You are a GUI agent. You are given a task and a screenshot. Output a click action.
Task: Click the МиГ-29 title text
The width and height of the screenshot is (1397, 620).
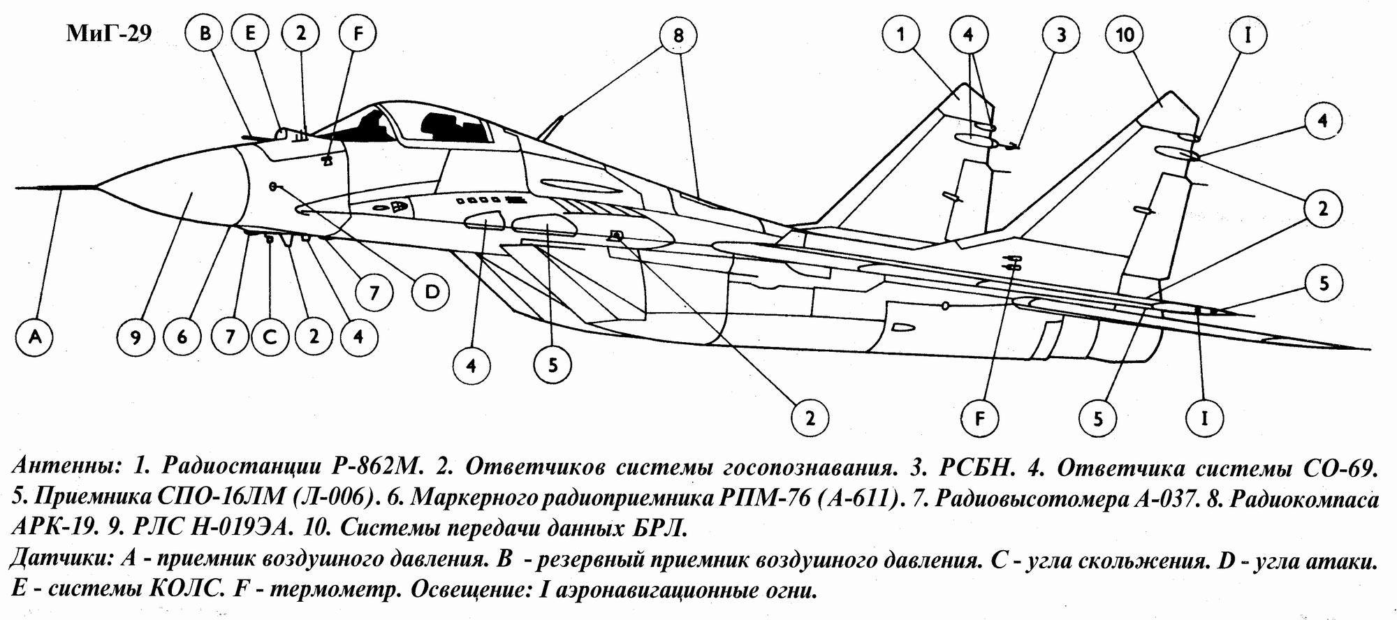108,35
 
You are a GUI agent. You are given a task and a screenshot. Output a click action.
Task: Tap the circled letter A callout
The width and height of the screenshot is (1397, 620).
35,337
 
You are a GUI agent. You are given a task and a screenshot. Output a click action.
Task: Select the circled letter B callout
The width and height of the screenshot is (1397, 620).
205,34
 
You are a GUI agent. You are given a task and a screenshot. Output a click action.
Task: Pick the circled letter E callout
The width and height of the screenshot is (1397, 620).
250,34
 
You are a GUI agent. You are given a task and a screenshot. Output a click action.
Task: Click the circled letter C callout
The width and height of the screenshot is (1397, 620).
270,337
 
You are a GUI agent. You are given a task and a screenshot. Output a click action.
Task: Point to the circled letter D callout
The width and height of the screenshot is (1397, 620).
432,292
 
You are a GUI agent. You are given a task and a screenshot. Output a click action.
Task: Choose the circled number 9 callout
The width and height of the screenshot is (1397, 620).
136,337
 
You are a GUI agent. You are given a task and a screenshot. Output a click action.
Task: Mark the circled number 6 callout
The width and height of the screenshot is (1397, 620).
182,337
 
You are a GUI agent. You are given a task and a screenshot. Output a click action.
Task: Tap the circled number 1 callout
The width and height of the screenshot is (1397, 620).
900,34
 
